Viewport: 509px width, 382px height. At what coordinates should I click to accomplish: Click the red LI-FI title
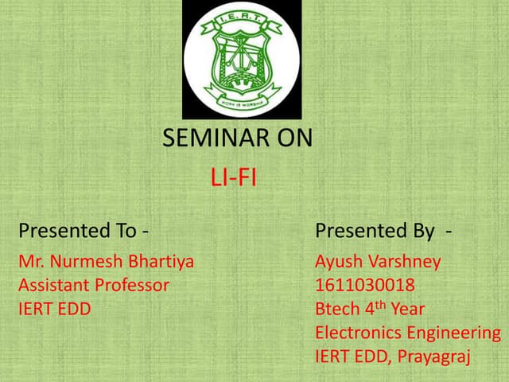coord(233,177)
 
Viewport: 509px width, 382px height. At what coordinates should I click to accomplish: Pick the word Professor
coord(130,285)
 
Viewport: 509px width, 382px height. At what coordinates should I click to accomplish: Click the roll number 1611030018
coord(365,285)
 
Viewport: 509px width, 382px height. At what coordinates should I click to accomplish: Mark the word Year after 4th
coord(407,309)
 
